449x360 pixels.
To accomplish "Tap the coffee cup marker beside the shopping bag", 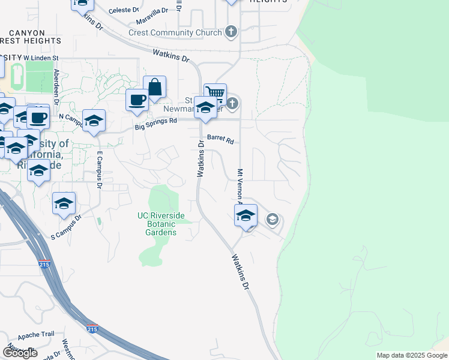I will click(137, 100).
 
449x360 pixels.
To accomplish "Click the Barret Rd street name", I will click(220, 139).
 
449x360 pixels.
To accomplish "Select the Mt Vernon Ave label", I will click(240, 186).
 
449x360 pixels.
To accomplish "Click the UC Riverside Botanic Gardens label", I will click(161, 224).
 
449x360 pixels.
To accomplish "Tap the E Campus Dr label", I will click(100, 170).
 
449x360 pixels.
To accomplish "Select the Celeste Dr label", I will click(124, 11).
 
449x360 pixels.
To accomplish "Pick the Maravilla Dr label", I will click(157, 12).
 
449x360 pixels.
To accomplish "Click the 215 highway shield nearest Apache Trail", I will click(92, 329).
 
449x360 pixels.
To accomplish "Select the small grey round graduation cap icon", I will click(272, 220).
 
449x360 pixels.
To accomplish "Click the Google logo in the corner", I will click(20, 353).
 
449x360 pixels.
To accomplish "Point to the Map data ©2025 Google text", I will click(411, 355).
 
